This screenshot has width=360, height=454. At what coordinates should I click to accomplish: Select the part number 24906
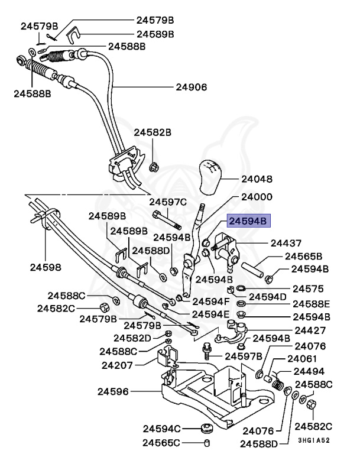(x=191, y=87)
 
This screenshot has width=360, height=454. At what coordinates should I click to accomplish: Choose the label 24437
(x=286, y=243)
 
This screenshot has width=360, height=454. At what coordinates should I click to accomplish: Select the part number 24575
(x=309, y=288)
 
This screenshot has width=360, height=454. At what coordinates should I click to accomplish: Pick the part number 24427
(x=310, y=331)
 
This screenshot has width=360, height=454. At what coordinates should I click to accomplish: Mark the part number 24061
(x=302, y=359)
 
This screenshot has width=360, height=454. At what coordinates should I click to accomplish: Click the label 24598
(x=46, y=267)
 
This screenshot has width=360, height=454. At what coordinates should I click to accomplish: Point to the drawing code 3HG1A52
(x=313, y=440)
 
